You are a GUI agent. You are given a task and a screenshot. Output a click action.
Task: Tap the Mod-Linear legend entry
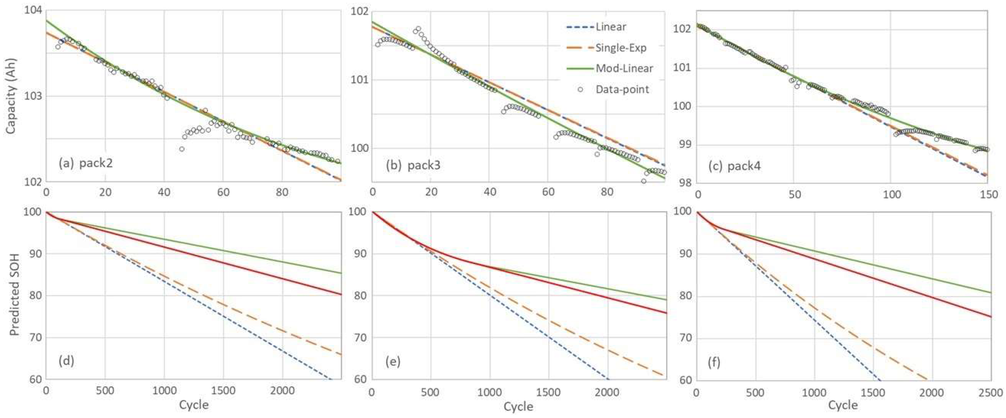click(624, 69)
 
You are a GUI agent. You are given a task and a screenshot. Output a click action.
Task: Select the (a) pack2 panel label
click(86, 163)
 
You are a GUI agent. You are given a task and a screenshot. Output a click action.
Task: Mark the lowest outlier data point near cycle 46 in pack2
click(182, 149)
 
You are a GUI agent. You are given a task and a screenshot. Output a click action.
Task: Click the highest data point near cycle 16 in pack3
click(418, 29)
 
